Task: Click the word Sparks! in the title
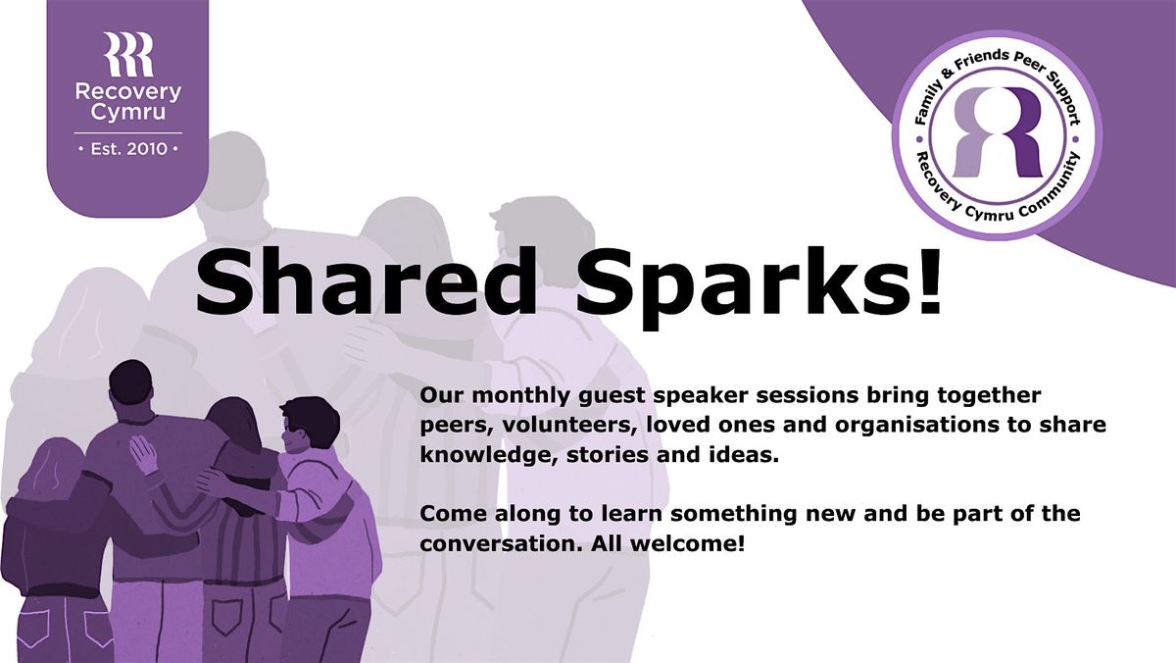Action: click(x=759, y=288)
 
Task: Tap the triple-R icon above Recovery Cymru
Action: click(x=128, y=54)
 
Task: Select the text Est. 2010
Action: click(x=128, y=149)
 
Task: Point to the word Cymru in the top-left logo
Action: click(x=128, y=113)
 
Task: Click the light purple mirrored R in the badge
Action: click(x=975, y=131)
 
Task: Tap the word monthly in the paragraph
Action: click(x=519, y=396)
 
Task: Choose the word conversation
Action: click(x=501, y=544)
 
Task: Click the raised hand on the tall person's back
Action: click(x=144, y=454)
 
